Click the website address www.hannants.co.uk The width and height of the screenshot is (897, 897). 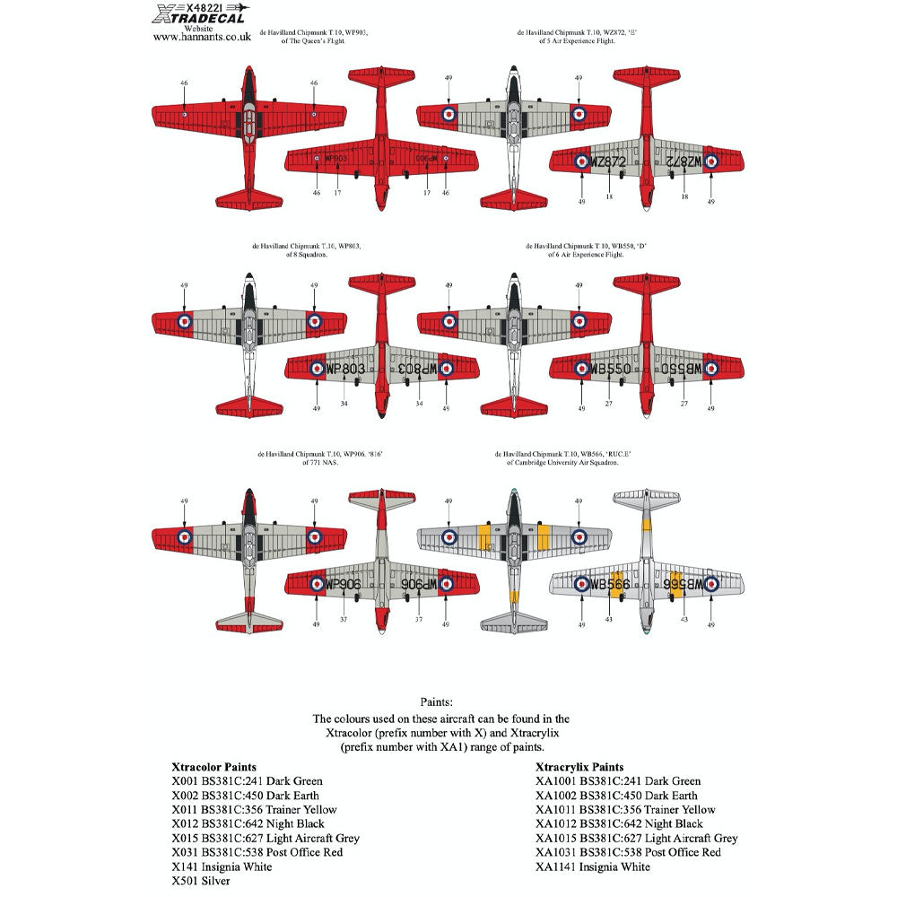(200, 38)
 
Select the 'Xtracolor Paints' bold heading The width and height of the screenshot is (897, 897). (213, 767)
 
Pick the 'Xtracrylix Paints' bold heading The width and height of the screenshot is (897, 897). (580, 767)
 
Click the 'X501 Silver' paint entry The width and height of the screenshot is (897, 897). (200, 881)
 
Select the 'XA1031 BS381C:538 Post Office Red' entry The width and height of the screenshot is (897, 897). (628, 852)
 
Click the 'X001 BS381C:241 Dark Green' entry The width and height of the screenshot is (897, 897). (247, 781)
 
